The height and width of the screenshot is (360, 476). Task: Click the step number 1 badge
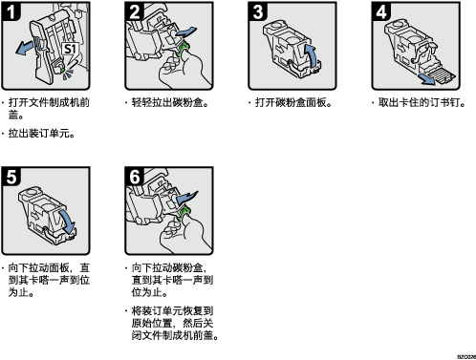click(11, 11)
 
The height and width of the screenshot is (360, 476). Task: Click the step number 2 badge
click(134, 11)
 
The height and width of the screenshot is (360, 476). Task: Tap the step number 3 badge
click(257, 11)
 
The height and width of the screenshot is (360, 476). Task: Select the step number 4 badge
click(381, 11)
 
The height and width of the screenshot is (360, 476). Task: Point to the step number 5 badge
click(11, 177)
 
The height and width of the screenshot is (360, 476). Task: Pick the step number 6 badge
click(134, 177)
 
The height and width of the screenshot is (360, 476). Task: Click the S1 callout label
click(70, 49)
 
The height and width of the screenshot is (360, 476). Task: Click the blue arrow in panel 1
click(25, 48)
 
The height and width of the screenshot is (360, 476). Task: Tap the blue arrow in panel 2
click(186, 32)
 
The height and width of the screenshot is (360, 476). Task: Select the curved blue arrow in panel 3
click(313, 54)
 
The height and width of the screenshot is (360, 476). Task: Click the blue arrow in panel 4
click(427, 79)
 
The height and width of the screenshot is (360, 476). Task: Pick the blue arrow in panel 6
click(186, 198)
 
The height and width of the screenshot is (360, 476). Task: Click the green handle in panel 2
click(184, 48)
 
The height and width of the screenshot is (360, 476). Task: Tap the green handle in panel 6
click(184, 212)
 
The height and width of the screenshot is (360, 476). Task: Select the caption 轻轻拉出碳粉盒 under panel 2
click(167, 102)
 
